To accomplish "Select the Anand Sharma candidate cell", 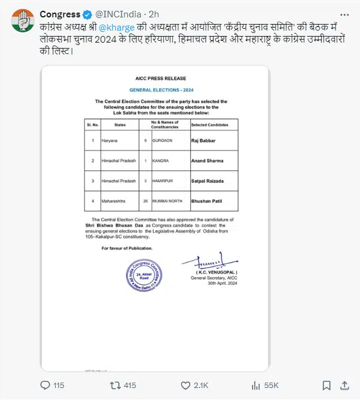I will click(208, 161).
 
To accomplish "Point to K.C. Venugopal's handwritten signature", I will click(205, 263).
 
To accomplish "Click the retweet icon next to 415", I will click(116, 384).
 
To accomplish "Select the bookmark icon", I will click(325, 384).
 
